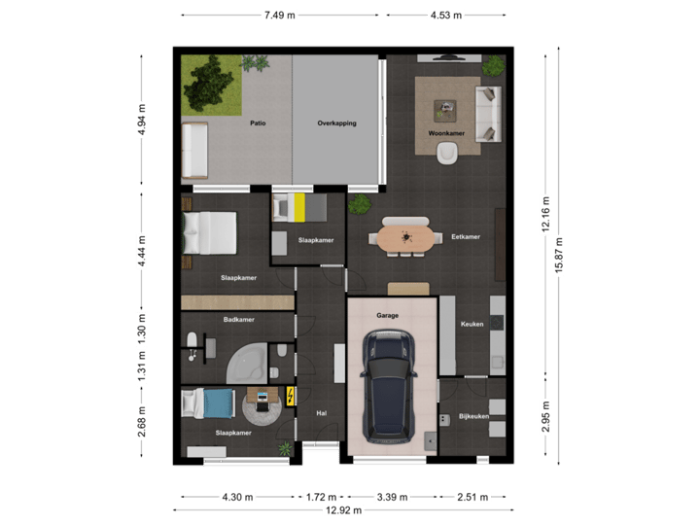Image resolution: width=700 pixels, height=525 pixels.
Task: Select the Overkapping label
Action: [x=337, y=123]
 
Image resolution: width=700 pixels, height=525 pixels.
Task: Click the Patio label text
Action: [x=258, y=123]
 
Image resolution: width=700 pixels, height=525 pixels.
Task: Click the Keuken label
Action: [x=472, y=324]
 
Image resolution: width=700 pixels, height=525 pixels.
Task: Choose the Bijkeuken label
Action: [x=473, y=417]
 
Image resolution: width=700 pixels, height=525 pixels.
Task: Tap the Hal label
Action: [x=321, y=413]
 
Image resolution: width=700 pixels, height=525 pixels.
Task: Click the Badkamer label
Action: [x=238, y=318]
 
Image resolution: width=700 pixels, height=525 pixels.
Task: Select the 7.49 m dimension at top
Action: [x=278, y=15]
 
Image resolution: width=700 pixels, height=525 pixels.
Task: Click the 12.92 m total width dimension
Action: [x=343, y=509]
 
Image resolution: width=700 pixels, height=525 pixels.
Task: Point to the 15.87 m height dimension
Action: [x=557, y=258]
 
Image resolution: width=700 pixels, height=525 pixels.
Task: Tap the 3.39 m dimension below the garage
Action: [x=393, y=496]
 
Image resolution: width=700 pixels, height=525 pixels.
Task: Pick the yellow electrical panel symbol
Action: [x=291, y=396]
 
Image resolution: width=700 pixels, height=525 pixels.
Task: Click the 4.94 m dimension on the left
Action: [x=141, y=121]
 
